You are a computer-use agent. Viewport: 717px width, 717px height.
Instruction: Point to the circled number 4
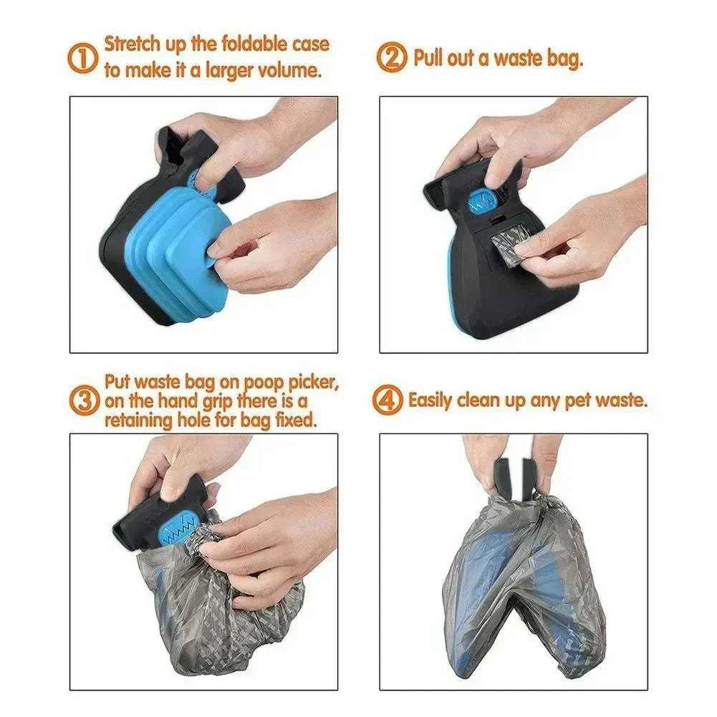point(388,400)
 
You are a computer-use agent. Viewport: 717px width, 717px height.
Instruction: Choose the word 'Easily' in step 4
point(430,400)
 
